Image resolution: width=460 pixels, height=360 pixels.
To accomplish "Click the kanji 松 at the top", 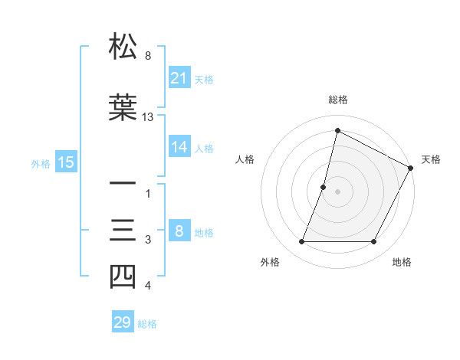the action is pos(123,47).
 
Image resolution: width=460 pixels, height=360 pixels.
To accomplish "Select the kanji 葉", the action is pos(123,108).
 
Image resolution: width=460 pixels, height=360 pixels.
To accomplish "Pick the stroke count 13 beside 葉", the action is pos(148,117).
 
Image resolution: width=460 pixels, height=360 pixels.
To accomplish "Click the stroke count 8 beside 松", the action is pos(148,56).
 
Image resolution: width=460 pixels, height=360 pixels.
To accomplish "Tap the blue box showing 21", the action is pos(179,77).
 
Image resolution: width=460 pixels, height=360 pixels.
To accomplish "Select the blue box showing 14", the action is pos(179,147).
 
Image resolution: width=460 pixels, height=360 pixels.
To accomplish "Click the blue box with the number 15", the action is pos(65,162).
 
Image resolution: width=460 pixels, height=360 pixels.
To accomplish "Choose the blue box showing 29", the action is pos(122,322).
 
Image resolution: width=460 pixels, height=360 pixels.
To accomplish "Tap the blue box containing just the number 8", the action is pos(179,231).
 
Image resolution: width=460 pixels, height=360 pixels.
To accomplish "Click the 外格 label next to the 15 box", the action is pos(41,162).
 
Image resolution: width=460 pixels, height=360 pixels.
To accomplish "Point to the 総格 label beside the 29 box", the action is pos(147,324).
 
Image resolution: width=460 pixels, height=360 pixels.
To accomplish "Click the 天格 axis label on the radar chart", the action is pos(431,159).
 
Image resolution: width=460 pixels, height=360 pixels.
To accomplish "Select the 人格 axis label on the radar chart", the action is pos(245,159).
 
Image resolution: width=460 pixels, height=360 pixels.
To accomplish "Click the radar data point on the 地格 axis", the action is pos(374,242).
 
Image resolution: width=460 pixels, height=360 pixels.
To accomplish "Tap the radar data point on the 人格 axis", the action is pos(324,187).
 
